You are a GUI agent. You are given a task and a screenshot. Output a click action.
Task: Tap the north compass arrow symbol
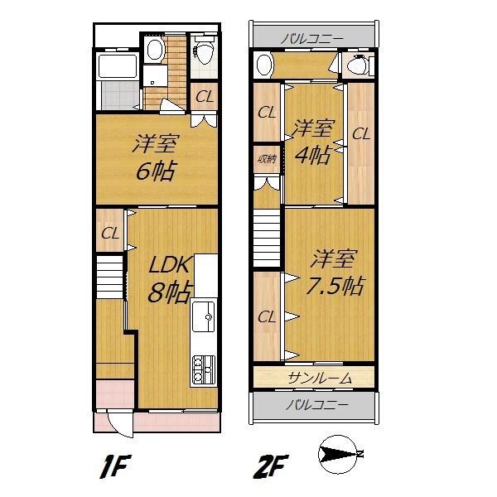[340, 455]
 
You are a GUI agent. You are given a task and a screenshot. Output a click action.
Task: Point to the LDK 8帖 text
[170, 279]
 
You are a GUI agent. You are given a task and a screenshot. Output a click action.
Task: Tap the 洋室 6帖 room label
[155, 158]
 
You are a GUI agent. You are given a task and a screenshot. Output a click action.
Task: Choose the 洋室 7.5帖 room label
[335, 273]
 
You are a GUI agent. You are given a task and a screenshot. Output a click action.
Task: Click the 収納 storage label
[266, 159]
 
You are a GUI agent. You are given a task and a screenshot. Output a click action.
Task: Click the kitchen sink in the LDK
[204, 316]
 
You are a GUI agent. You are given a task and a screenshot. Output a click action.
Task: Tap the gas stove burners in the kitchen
[204, 369]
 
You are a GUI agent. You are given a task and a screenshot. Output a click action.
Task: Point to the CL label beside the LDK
[110, 234]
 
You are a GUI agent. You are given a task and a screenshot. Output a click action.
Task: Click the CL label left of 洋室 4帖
[266, 113]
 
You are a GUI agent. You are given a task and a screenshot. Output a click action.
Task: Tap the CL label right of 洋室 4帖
[359, 133]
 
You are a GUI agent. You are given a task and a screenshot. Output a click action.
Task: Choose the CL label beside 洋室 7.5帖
[266, 316]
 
